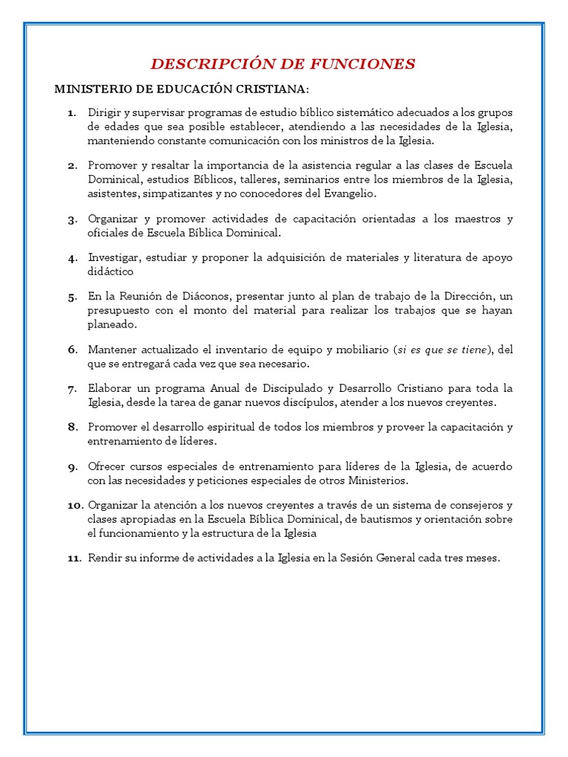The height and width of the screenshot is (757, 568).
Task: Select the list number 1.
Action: (x=71, y=112)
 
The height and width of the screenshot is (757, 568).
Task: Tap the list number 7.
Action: (x=72, y=389)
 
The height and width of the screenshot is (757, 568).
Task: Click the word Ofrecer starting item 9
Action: (x=108, y=467)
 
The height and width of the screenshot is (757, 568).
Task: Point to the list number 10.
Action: (x=75, y=506)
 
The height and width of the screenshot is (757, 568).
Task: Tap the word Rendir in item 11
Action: (x=105, y=559)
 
